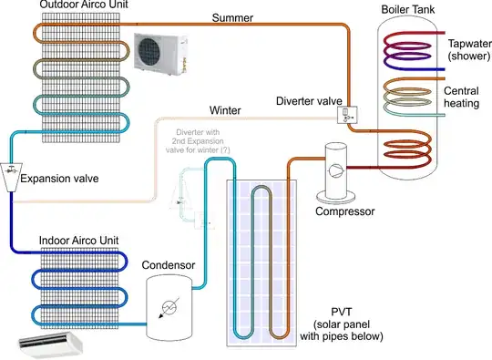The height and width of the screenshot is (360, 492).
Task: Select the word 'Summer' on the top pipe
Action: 232,17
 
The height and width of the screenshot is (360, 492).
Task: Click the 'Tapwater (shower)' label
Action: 467,50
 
